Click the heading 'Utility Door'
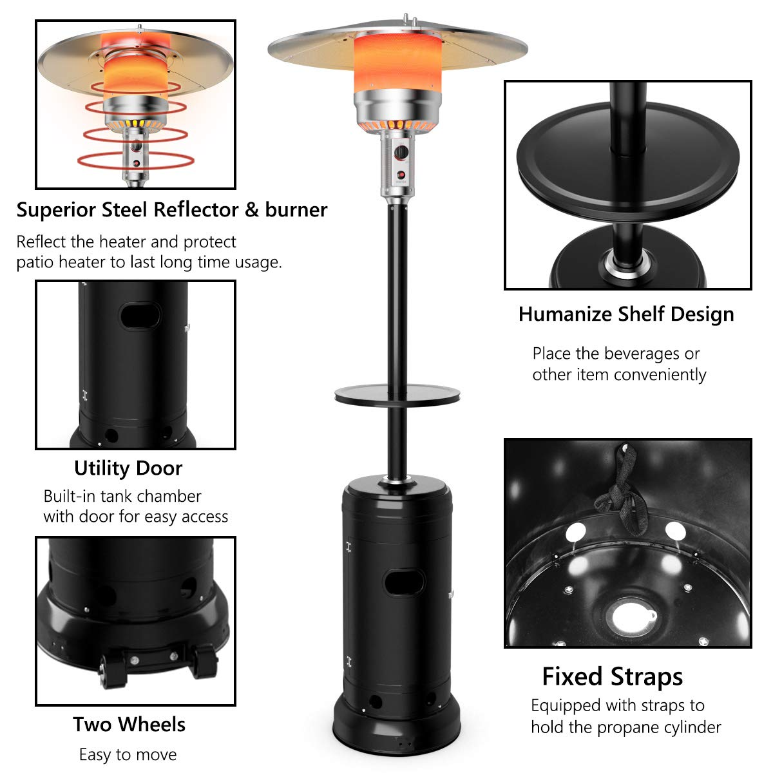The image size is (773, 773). tap(128, 468)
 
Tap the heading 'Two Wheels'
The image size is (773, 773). tap(129, 725)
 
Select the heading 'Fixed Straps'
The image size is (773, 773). tap(612, 677)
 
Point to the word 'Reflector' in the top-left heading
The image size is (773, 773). tap(196, 209)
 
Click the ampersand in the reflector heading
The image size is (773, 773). tap(252, 210)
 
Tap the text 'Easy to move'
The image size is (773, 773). tap(128, 754)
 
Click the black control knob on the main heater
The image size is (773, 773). tap(401, 153)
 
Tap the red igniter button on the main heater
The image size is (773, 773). tap(401, 175)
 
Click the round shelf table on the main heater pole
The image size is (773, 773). tap(397, 395)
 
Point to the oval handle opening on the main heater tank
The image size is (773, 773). tap(403, 582)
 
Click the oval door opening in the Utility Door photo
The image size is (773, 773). tap(140, 316)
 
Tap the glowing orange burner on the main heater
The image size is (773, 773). tap(397, 62)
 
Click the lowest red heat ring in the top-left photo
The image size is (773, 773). tap(135, 161)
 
